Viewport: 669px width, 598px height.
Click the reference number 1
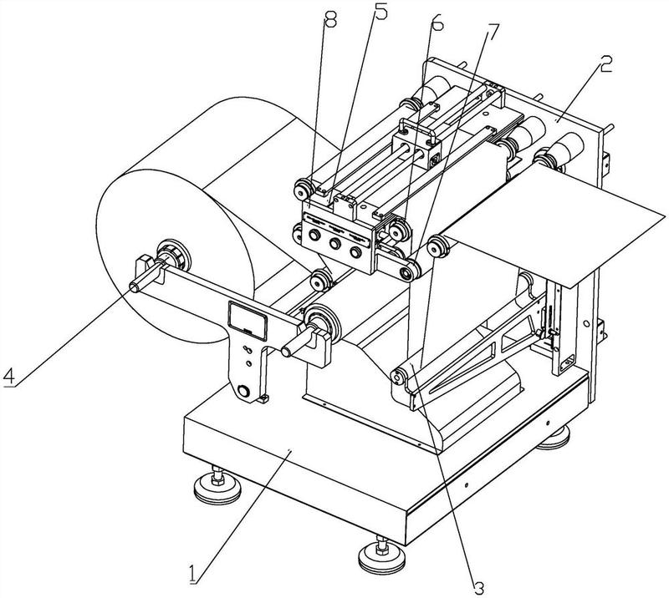point(194,573)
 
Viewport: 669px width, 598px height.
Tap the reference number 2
point(604,64)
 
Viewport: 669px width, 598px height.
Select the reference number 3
point(479,588)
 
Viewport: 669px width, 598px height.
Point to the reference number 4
point(9,376)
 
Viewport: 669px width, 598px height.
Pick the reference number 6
point(437,23)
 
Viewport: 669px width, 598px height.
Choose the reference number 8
point(330,18)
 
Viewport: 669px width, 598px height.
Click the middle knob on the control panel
point(334,244)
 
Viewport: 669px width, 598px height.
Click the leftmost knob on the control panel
point(315,235)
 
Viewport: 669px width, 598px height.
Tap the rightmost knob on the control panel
point(355,252)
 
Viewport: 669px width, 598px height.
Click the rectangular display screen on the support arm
point(248,321)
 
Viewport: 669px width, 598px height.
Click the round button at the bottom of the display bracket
point(243,391)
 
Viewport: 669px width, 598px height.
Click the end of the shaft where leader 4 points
point(134,287)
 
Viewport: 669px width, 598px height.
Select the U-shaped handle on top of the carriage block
point(418,130)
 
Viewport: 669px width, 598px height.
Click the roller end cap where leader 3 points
point(398,377)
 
